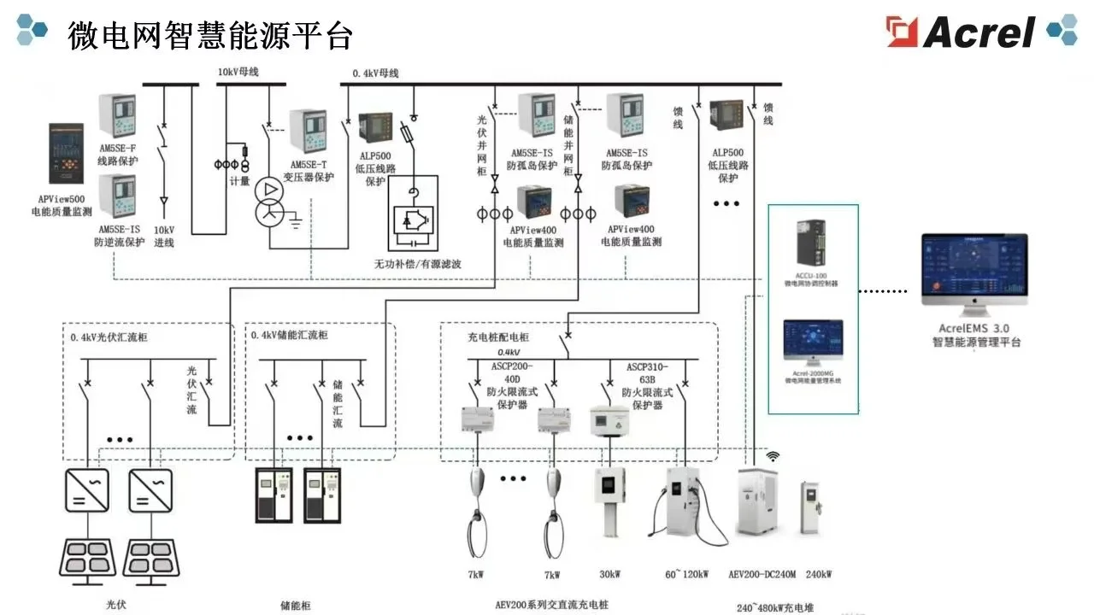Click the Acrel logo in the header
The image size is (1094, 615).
pyautogui.click(x=962, y=32)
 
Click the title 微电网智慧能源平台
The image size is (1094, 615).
pyautogui.click(x=209, y=36)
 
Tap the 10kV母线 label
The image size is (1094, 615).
pyautogui.click(x=238, y=72)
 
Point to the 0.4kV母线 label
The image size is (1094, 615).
pyautogui.click(x=375, y=73)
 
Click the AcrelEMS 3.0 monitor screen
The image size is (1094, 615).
pyautogui.click(x=973, y=268)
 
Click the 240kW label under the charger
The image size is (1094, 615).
pyautogui.click(x=818, y=574)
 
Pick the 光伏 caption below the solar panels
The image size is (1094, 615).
pyautogui.click(x=116, y=605)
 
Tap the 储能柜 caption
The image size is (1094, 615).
pyautogui.click(x=296, y=606)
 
